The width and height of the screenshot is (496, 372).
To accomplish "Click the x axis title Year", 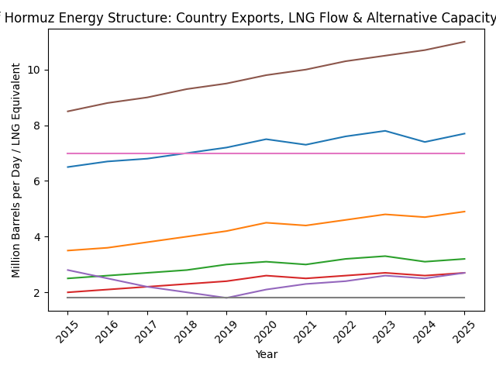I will tap(266, 354).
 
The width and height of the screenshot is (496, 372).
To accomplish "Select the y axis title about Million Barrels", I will tap(16, 170).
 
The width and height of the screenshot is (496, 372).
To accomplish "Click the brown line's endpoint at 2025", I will tap(464, 42).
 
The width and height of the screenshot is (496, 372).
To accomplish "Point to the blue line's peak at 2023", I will tap(385, 131).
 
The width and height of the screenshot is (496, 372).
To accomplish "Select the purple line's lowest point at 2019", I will tap(226, 298).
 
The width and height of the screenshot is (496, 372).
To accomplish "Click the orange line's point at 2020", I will tap(266, 222).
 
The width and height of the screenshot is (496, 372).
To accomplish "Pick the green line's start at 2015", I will tap(67, 278).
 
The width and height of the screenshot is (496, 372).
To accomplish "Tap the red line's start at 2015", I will tap(67, 292).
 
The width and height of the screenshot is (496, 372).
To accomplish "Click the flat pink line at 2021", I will tap(306, 153).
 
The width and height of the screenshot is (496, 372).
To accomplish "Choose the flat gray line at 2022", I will tap(346, 298).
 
